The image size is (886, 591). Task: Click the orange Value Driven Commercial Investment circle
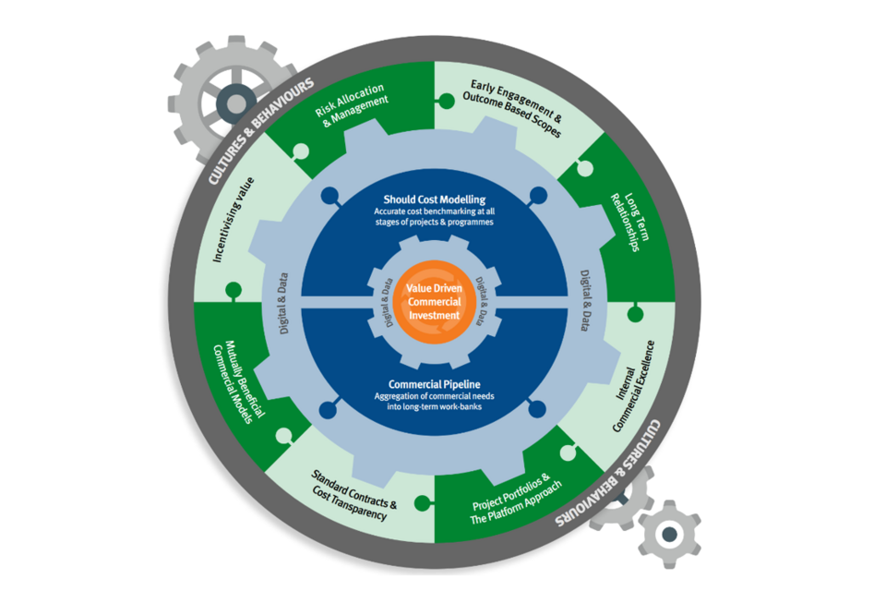coord(433,302)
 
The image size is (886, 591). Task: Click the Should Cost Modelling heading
coord(434,199)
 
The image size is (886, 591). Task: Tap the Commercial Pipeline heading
coord(433,385)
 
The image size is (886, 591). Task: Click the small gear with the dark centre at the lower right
coord(669,533)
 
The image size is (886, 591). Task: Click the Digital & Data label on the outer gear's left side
coord(283,301)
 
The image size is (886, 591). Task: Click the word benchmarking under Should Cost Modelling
coord(441,211)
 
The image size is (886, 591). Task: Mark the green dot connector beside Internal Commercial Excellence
coord(635,314)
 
